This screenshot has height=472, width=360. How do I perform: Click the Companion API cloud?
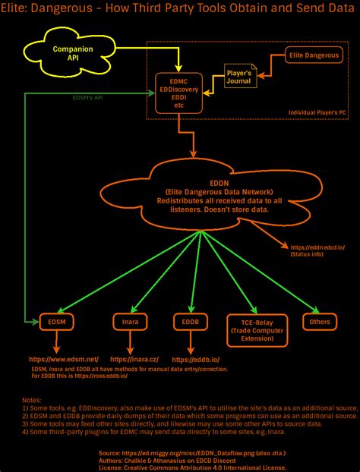tap(72, 52)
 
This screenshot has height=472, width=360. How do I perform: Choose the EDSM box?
tap(57, 323)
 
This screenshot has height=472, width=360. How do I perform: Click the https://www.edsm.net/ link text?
tap(64, 358)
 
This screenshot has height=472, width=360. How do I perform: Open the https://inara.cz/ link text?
tap(134, 358)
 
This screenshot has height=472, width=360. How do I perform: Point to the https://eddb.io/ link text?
tap(196, 360)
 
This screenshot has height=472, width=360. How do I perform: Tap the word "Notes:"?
tap(31, 399)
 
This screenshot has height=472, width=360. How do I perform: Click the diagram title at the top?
tap(180, 8)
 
